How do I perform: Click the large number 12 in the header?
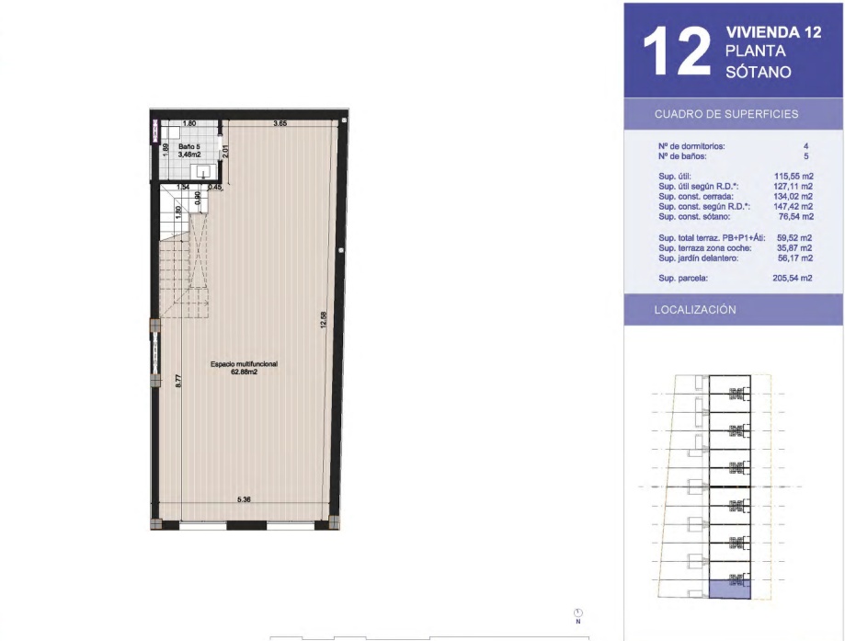(x=678, y=52)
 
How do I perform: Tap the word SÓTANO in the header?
(x=759, y=72)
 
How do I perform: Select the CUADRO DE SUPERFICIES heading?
(x=726, y=114)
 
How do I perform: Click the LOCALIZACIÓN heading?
(x=694, y=309)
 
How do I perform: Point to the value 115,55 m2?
(x=794, y=177)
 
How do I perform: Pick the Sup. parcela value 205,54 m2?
(x=793, y=278)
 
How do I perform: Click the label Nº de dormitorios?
(x=691, y=146)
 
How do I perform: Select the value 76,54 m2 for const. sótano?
(x=796, y=217)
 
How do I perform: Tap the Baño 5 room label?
(x=189, y=146)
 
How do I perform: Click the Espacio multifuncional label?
(x=244, y=364)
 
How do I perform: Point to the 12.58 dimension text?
(x=324, y=320)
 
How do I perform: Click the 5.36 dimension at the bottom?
(x=245, y=499)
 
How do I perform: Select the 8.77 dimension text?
(x=178, y=381)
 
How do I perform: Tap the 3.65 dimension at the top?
(x=280, y=123)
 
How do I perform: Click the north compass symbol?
(x=578, y=613)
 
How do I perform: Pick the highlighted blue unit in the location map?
(x=730, y=589)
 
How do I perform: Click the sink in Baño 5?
(x=204, y=172)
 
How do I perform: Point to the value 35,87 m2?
(x=794, y=248)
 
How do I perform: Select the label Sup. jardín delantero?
(x=699, y=258)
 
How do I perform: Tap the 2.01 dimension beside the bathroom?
(x=226, y=152)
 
